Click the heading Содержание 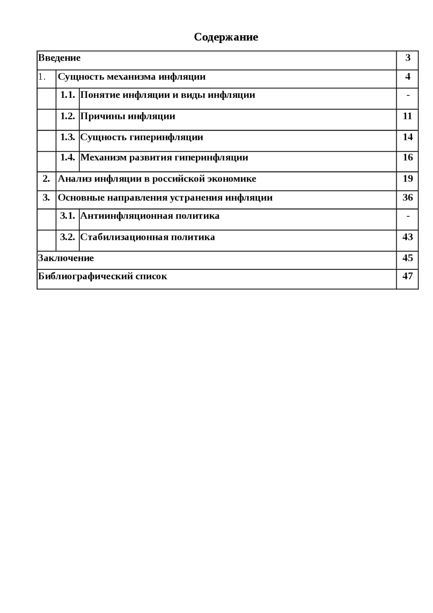click(x=226, y=37)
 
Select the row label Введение click(x=59, y=58)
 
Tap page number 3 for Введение click(x=408, y=58)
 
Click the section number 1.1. click(x=68, y=95)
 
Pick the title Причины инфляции click(x=128, y=116)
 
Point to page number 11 click(x=407, y=116)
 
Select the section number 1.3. click(x=68, y=137)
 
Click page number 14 click(x=408, y=137)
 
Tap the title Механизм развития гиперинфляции click(x=164, y=158)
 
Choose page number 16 click(x=408, y=157)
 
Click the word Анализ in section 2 click(x=74, y=179)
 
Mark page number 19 click(x=408, y=178)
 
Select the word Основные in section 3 click(x=81, y=198)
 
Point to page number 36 click(x=408, y=197)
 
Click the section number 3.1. click(x=68, y=216)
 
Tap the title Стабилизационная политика click(x=147, y=237)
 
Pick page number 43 click(x=408, y=237)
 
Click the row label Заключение click(x=66, y=258)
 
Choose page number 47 click(x=408, y=276)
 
